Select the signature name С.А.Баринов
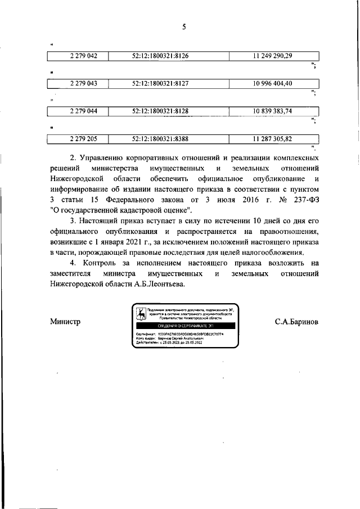[x=296, y=322]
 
